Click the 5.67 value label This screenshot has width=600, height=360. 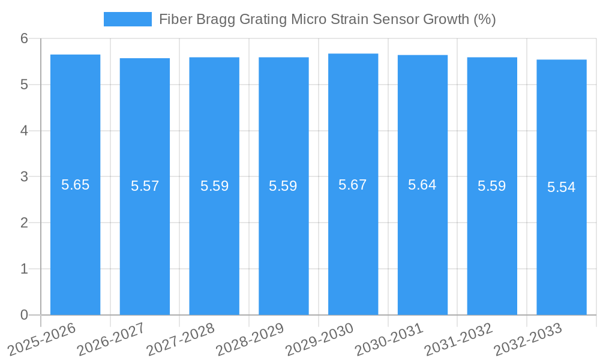click(353, 185)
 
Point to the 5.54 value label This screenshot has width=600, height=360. click(562, 187)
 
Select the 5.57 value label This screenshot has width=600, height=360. click(145, 186)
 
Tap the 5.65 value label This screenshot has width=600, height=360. click(76, 185)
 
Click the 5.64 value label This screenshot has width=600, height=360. click(422, 185)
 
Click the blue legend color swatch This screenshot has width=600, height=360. click(128, 19)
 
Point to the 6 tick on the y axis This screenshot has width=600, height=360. click(24, 38)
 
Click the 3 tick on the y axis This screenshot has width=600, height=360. click(24, 177)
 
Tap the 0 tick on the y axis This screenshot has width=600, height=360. click(24, 315)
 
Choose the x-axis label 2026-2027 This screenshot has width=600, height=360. click(112, 339)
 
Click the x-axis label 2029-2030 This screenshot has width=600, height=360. click(320, 339)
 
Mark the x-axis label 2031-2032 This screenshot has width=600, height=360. click(459, 339)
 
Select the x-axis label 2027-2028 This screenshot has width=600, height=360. click(181, 339)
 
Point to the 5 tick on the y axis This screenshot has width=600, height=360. click(24, 85)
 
